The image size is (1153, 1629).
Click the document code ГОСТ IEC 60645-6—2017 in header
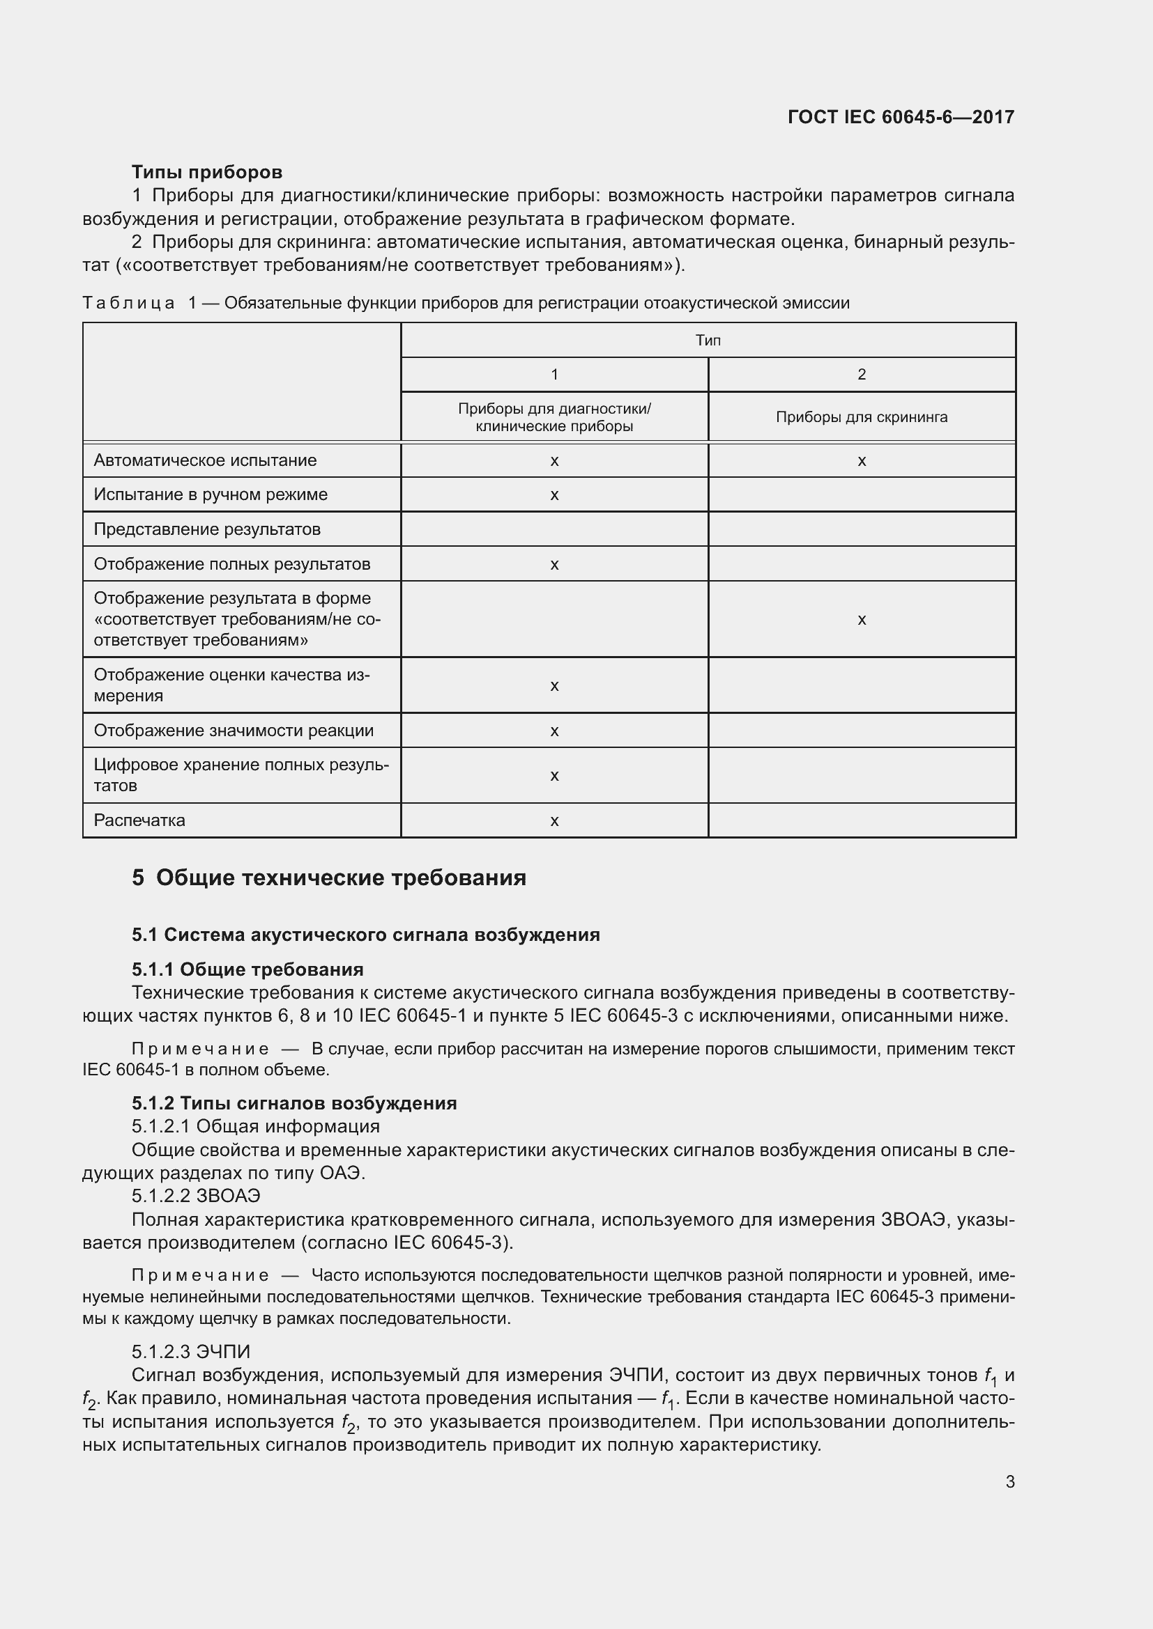900,117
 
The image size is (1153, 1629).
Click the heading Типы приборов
206,172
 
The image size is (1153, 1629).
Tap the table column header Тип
708,341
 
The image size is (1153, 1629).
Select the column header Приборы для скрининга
861,417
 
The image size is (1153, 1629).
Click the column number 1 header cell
554,375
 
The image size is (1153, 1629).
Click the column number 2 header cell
861,375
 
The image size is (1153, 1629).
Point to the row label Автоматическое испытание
205,460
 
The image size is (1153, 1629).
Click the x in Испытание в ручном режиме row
554,495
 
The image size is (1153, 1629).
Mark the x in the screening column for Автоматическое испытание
861,461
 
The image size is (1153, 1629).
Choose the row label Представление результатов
206,529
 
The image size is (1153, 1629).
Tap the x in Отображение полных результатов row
554,565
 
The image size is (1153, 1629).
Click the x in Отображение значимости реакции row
554,731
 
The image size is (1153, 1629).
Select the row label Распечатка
139,820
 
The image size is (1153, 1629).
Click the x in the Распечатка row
554,821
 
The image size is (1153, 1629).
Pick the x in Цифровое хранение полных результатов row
554,775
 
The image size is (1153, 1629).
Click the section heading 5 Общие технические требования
329,878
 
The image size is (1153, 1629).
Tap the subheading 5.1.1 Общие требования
247,969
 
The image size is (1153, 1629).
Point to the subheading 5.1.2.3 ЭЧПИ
191,1352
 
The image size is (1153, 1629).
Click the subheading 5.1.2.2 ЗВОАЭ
196,1196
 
